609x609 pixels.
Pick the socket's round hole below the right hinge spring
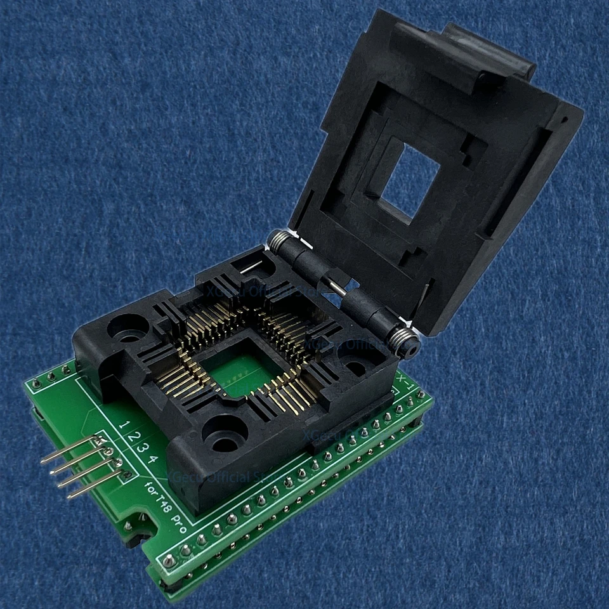click(357, 369)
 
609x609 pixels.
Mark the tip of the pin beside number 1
click(43, 461)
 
